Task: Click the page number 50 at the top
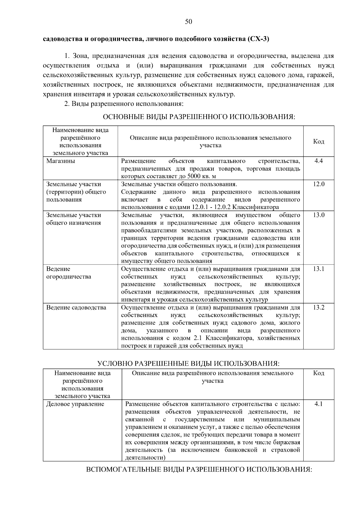pos(188,22)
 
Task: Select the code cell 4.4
pos(319,161)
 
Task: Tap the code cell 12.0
pos(319,184)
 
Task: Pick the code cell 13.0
pos(319,215)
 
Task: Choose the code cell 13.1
pos(319,269)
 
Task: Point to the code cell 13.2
pos(319,307)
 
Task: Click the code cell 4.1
pos(319,404)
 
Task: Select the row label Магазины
pos(61,161)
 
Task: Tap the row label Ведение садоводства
pos(76,307)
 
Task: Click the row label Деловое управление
pos(75,404)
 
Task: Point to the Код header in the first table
pos(319,142)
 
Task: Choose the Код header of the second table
pos(319,373)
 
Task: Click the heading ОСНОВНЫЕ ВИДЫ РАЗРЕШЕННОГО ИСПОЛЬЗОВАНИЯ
pos(199,117)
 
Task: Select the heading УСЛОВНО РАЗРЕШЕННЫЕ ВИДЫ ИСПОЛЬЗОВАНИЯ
pos(188,364)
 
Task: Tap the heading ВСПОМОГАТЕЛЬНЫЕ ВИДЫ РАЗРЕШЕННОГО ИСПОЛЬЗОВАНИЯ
pos(199,469)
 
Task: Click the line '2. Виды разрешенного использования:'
pos(124,104)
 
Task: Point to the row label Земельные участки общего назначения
pos(73,219)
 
